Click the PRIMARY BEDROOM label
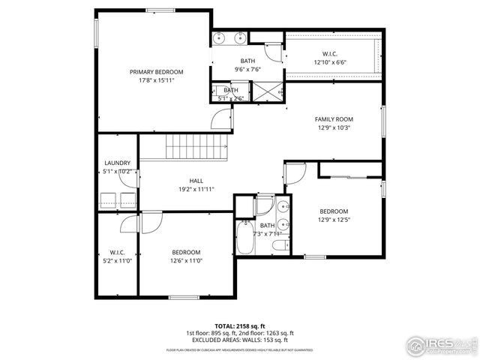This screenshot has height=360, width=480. point(156,72)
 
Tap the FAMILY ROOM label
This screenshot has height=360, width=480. point(334,119)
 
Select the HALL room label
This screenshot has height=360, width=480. point(196,181)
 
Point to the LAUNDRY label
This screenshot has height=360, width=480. point(118,163)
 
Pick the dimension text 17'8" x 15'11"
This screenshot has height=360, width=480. point(156,80)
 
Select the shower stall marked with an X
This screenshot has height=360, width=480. point(266,91)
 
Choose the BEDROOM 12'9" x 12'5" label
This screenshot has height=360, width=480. point(334,211)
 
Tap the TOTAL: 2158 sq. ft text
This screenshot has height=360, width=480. point(239,326)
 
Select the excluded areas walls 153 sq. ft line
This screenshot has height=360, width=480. point(239,340)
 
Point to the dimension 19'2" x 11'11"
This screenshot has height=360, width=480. point(196,189)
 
